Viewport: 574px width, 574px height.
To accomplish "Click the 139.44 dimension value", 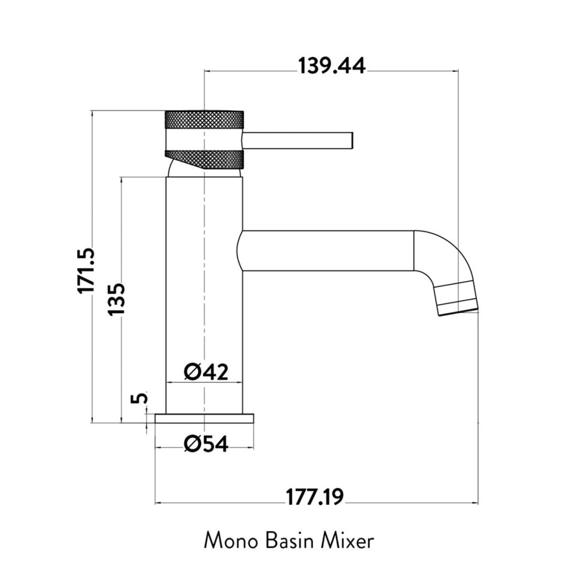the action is click(x=332, y=66).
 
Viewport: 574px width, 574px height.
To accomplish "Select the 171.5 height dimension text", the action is click(x=86, y=270).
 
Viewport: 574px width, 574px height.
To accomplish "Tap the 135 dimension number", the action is click(x=117, y=298).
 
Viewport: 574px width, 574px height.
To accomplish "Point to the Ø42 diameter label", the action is click(x=206, y=372).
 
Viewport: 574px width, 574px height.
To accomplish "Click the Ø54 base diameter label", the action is click(x=206, y=444).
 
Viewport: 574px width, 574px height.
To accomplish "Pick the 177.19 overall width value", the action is click(x=315, y=497).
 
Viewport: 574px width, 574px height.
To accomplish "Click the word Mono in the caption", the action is click(x=231, y=541).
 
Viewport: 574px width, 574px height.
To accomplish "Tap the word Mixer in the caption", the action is click(x=348, y=541).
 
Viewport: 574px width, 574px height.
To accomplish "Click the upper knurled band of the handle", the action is click(x=204, y=119).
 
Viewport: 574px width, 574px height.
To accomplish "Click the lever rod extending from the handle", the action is click(x=298, y=140).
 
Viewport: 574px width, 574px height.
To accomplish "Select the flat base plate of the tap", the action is click(x=204, y=418).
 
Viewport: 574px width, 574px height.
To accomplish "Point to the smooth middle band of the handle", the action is click(x=204, y=139).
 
